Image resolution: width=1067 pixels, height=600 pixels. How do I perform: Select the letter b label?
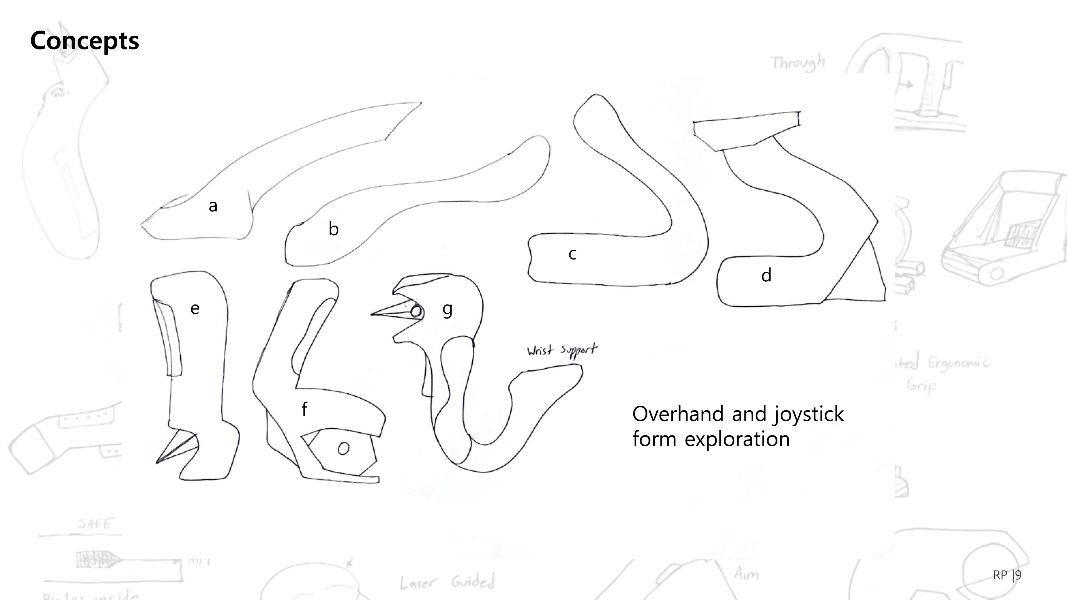333,229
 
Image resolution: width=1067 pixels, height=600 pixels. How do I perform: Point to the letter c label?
572,254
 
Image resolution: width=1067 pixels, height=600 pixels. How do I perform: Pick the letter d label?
766,275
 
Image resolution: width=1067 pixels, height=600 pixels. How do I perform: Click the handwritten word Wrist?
540,351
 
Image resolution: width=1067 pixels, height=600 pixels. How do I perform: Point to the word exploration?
737,439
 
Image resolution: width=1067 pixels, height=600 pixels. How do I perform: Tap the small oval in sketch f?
343,448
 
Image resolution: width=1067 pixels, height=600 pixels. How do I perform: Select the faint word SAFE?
95,524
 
